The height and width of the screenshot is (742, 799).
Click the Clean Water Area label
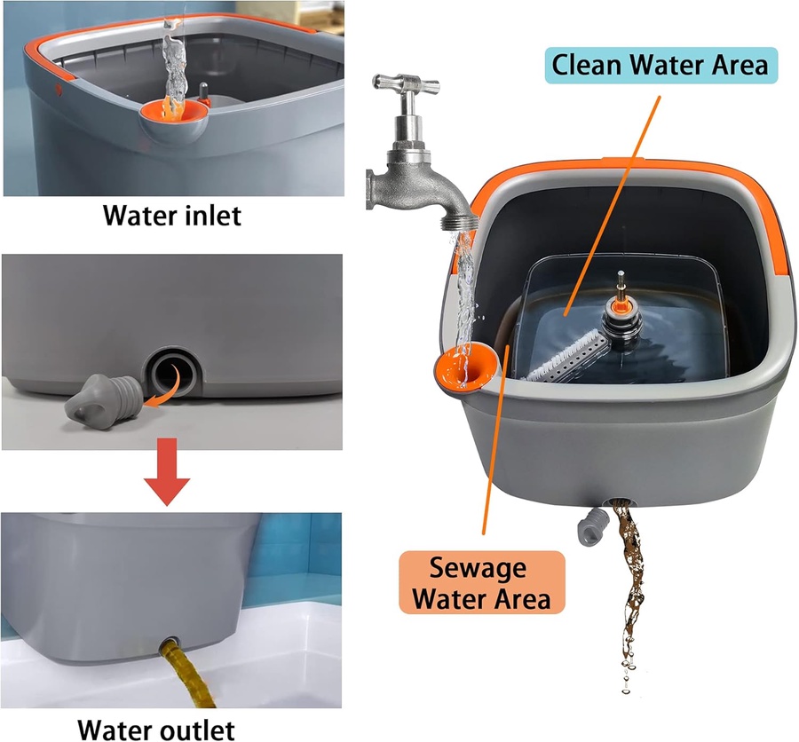tap(661, 65)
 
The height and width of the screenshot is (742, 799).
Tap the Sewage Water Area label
tap(481, 582)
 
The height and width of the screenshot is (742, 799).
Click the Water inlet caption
tap(172, 215)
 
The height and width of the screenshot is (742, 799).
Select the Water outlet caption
tap(156, 730)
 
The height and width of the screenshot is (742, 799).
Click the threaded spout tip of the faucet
tap(460, 222)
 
